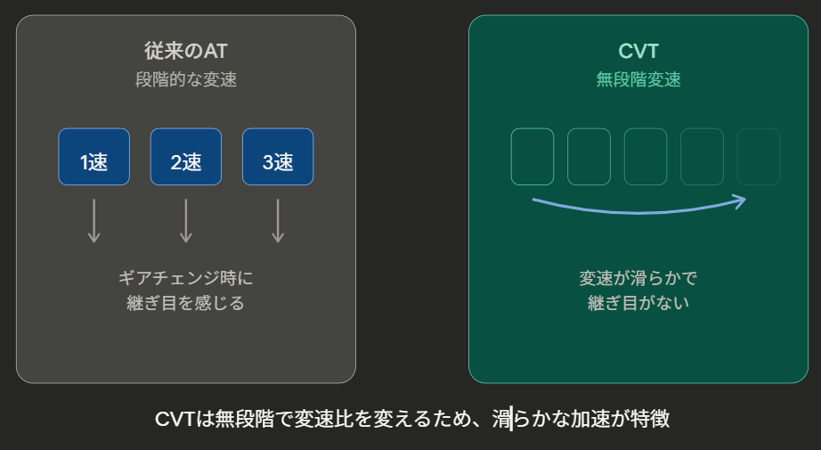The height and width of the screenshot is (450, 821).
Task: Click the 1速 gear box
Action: (94, 157)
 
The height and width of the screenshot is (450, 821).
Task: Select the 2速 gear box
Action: (186, 157)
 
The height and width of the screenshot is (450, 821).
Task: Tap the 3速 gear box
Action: (278, 157)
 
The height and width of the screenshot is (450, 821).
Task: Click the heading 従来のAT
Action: (186, 51)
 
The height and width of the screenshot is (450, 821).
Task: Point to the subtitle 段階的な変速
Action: (186, 79)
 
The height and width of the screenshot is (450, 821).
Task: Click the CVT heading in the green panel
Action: (638, 51)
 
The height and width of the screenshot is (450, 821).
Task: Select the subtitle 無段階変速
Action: (638, 79)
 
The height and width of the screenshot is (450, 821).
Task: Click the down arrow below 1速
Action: (94, 221)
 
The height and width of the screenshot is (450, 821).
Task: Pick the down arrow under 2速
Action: (186, 221)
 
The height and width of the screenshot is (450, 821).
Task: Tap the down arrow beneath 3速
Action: (278, 221)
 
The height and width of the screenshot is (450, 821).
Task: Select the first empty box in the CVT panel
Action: (532, 157)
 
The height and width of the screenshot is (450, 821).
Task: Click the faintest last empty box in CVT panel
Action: (759, 157)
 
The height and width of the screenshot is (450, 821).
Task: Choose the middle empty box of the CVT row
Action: (646, 157)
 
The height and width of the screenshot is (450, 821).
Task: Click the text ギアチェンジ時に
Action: (186, 278)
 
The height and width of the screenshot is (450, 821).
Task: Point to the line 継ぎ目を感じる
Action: (186, 303)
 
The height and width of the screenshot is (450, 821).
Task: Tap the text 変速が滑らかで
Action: (638, 278)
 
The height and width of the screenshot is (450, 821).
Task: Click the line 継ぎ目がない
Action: (638, 303)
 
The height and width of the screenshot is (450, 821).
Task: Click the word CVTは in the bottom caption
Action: (185, 419)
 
